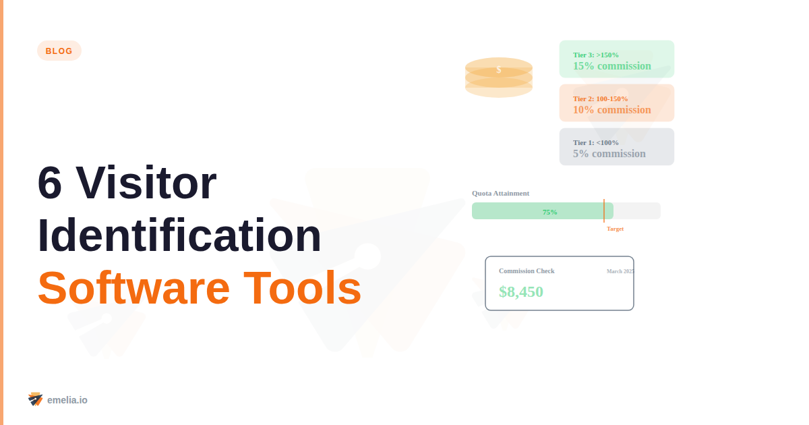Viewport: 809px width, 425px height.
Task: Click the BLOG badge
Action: pos(59,51)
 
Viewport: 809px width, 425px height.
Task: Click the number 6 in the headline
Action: pos(51,183)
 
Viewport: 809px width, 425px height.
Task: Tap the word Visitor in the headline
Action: pos(146,183)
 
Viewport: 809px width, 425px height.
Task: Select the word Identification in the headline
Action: pos(179,235)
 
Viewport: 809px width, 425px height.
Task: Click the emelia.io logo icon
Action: pos(36,399)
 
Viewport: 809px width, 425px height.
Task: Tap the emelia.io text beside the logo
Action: pos(67,400)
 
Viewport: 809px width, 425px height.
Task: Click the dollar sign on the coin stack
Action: pos(499,69)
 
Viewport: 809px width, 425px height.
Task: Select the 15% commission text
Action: pos(612,66)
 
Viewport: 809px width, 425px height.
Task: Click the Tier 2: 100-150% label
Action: pos(601,98)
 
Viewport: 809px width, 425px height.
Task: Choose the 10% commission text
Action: pos(612,110)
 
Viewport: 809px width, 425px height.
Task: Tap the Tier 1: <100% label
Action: pos(596,142)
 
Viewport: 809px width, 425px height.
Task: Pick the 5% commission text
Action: pos(609,154)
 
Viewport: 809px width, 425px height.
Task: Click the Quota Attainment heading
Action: pos(501,193)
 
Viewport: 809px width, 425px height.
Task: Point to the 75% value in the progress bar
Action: pos(550,212)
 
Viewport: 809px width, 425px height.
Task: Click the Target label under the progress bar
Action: pos(615,229)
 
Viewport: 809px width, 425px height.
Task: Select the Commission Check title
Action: pos(527,271)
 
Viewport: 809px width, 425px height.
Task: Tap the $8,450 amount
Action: pos(521,292)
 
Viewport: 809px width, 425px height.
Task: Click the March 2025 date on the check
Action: pos(620,271)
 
